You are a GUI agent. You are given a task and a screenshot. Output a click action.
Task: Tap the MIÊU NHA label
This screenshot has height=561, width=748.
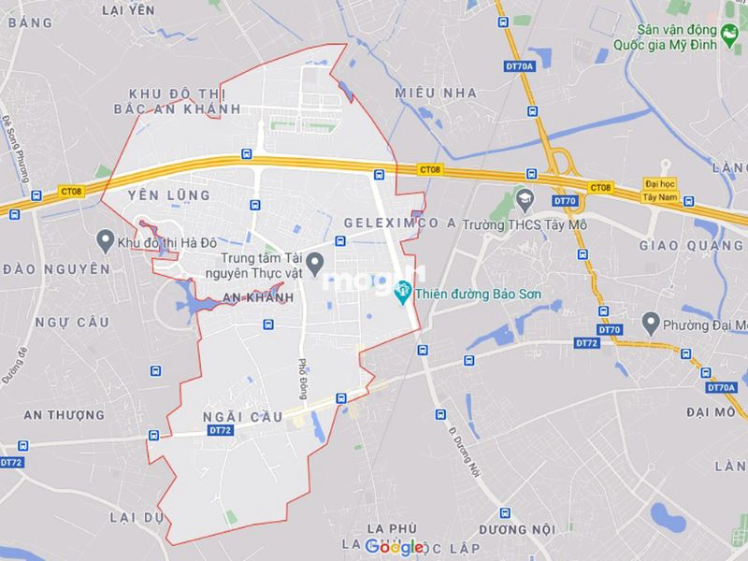coord(435,93)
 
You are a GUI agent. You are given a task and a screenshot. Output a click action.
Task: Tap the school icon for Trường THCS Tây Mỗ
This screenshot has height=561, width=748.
coord(524,199)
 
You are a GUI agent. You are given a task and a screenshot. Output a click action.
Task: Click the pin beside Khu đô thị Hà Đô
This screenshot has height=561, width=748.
coord(106,241)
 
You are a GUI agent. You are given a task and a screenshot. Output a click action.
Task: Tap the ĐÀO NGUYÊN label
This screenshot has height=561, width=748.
coord(56,268)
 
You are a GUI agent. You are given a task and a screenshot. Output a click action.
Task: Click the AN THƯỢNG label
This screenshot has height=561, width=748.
coord(64,414)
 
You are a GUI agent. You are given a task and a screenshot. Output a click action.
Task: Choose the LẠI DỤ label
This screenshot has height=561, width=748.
coord(137,516)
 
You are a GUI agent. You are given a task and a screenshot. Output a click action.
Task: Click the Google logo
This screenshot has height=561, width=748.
coord(394,546)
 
